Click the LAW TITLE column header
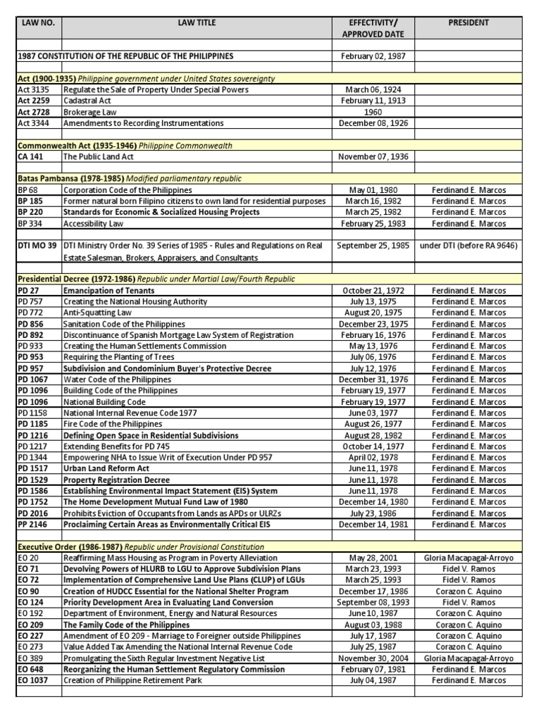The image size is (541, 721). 197,23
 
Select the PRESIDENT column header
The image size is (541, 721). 468,23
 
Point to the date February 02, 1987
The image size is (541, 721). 373,56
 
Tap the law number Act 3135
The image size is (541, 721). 32,89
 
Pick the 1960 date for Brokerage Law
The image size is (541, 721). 373,112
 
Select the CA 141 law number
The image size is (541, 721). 30,157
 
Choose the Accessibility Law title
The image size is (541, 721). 93,224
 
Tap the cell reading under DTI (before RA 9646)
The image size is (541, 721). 468,246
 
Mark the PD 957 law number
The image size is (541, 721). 32,369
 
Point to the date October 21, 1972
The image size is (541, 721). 373,290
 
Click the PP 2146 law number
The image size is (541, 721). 33,525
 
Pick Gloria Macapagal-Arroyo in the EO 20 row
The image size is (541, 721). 468,558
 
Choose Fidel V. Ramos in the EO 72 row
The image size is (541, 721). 468,580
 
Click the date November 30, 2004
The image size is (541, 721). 373,658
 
